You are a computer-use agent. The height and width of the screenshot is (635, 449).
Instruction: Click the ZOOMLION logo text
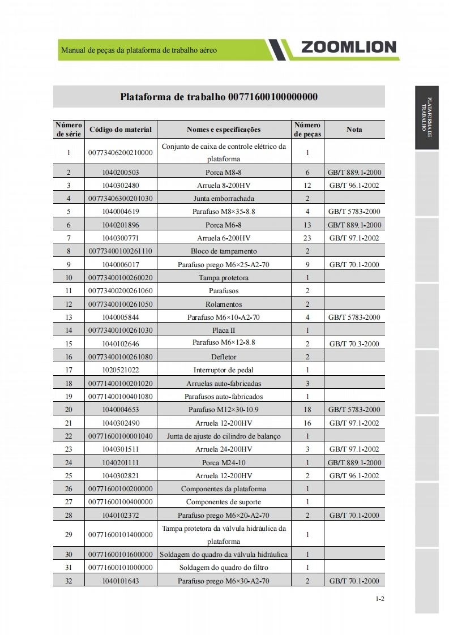[348, 48]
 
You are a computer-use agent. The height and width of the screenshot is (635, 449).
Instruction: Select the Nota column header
[354, 130]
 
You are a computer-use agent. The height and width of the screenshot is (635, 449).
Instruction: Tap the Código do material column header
[121, 130]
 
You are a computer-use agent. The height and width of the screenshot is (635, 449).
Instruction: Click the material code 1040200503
[121, 172]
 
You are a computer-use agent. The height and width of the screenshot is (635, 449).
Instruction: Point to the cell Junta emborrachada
[224, 199]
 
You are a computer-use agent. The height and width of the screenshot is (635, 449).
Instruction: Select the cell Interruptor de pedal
[224, 370]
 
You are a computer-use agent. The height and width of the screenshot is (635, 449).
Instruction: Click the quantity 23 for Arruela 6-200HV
[307, 238]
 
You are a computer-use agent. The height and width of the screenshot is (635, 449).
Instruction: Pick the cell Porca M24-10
[224, 462]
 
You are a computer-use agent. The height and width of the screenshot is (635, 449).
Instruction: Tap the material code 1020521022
[121, 370]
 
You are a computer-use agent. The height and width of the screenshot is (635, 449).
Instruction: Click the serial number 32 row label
[69, 581]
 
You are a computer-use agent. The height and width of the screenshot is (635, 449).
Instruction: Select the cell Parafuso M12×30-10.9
[224, 410]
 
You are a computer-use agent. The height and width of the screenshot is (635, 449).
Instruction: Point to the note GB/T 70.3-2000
[354, 344]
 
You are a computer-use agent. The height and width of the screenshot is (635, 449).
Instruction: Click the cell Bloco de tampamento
[224, 251]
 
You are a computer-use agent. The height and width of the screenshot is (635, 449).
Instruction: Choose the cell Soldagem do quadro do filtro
[224, 568]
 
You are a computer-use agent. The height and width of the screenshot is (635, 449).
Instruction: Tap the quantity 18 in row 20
[307, 410]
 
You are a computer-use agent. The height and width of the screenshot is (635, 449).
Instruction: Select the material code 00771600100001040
[121, 436]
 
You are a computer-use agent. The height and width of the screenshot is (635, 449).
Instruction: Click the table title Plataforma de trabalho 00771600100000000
[219, 96]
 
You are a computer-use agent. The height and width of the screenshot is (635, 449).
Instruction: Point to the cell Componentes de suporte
[224, 502]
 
